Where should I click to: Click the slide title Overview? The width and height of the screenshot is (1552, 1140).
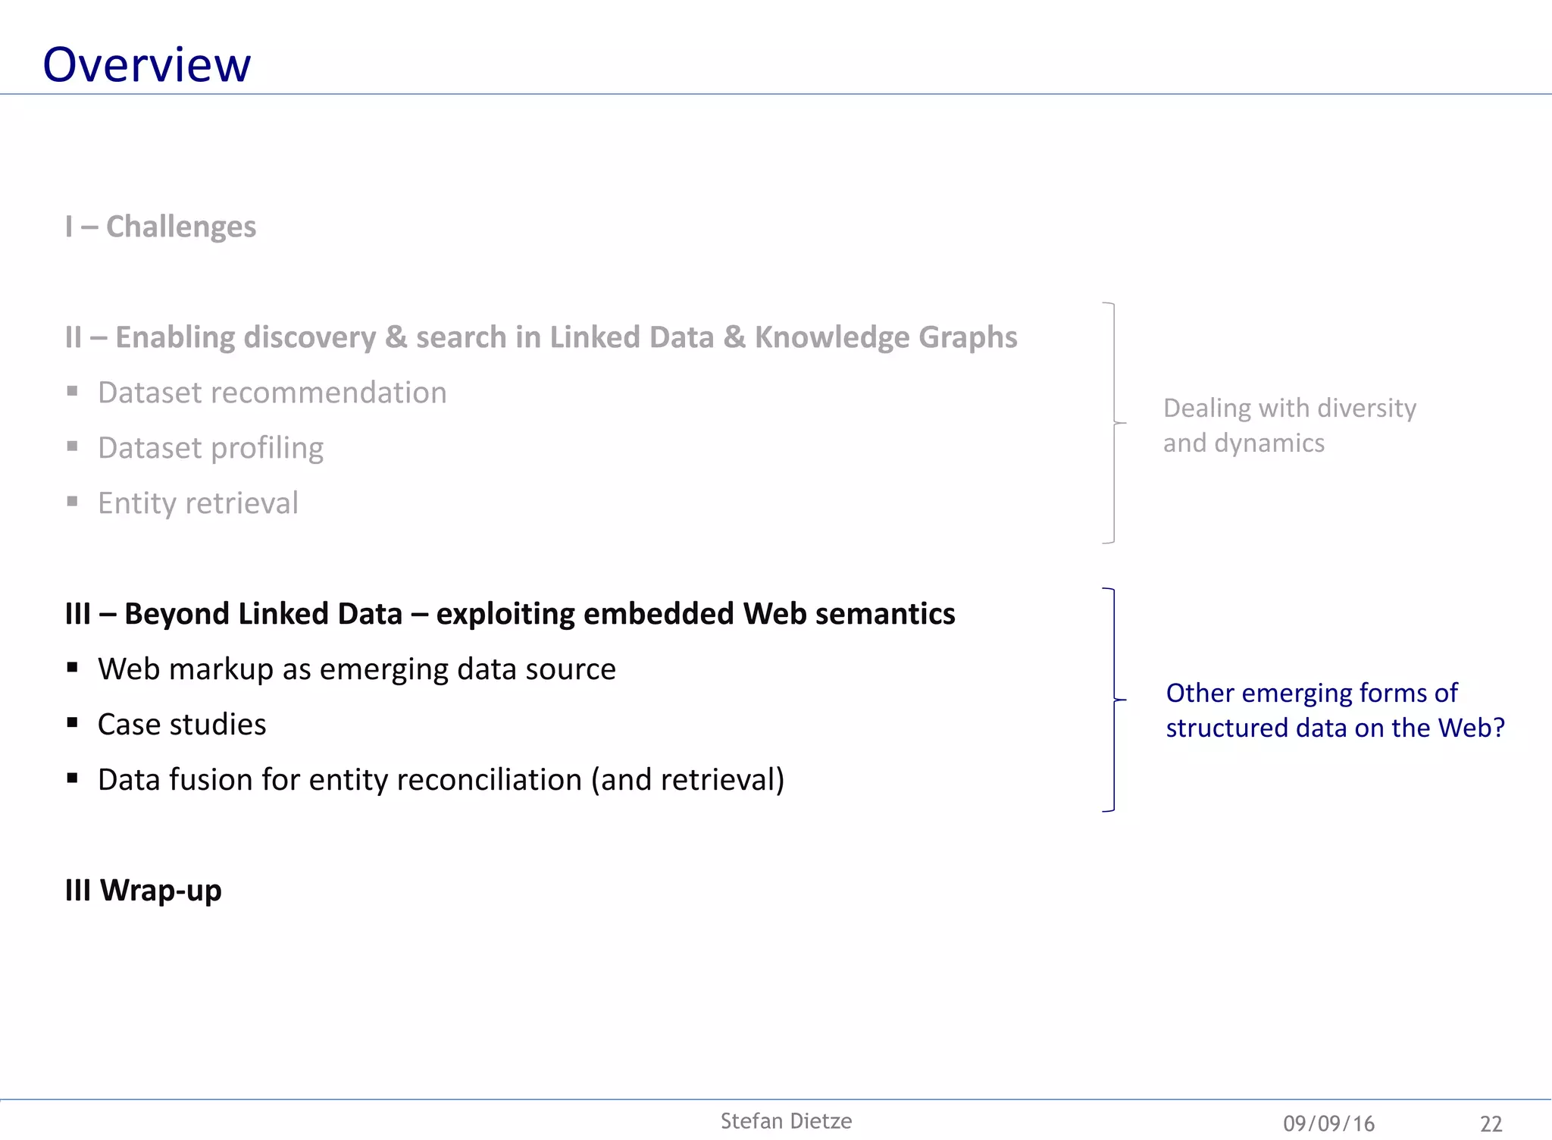[146, 65]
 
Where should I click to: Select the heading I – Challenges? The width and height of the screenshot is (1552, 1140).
[161, 227]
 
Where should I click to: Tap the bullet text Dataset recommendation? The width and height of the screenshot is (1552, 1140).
[272, 393]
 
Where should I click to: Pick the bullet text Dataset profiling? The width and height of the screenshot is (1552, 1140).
[211, 448]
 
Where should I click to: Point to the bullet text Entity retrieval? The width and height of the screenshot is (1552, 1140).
[198, 503]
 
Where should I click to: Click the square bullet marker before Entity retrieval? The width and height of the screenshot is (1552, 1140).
[73, 501]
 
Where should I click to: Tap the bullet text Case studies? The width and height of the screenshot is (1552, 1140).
[182, 725]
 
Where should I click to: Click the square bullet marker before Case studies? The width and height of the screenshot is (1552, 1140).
[73, 722]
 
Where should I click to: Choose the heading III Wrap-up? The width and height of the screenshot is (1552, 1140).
[143, 890]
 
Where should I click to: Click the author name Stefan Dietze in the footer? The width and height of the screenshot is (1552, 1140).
[786, 1121]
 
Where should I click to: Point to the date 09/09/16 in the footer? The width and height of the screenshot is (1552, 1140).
[1328, 1123]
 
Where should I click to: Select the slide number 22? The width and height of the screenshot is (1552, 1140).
[1491, 1123]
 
